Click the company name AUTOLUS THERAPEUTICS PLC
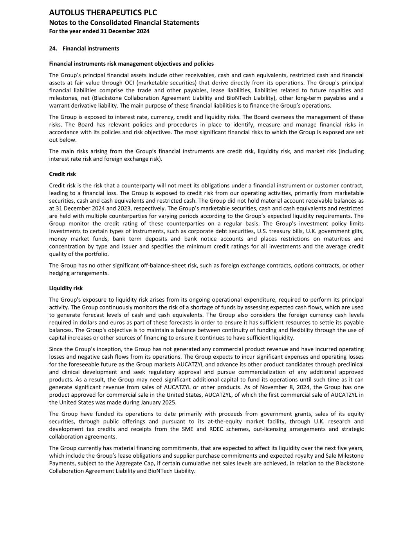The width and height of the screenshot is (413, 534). [x=103, y=13]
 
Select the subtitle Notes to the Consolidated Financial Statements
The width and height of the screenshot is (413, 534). [x=124, y=23]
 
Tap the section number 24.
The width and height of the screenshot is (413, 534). [x=53, y=49]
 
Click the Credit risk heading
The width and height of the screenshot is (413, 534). [x=63, y=174]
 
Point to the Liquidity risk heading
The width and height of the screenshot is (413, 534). [x=66, y=288]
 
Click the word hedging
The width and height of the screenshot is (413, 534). [x=60, y=273]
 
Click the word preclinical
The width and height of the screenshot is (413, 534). [x=348, y=365]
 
